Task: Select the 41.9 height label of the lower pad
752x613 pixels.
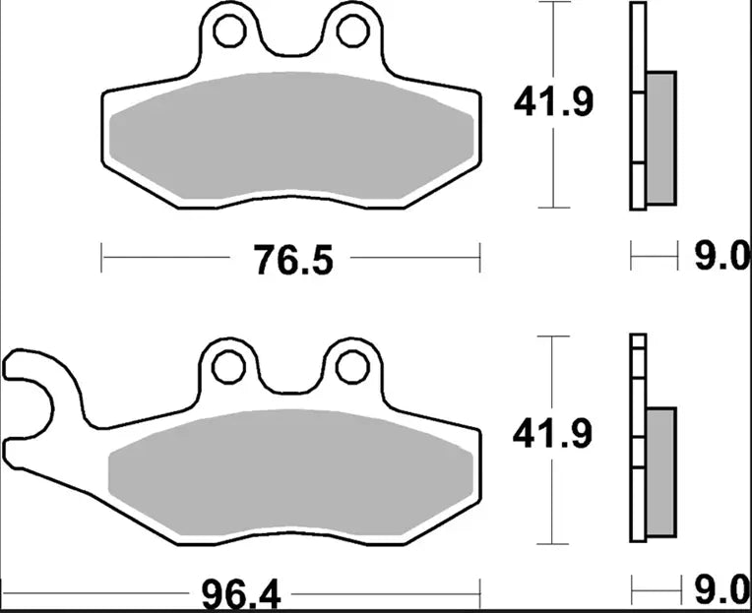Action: coord(552,433)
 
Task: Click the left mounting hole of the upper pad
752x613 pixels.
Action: coord(229,31)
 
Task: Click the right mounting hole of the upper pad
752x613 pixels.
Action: coord(351,31)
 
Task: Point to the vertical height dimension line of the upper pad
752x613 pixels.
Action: coord(555,167)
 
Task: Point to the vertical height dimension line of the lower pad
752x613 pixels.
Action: coord(555,502)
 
